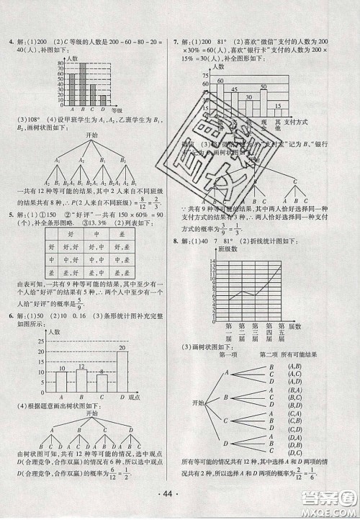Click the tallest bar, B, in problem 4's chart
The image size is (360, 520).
(81, 84)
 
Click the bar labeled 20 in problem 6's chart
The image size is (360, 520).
(122, 374)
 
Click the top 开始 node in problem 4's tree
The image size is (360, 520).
(92, 135)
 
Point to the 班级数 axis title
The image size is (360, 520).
(228, 248)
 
